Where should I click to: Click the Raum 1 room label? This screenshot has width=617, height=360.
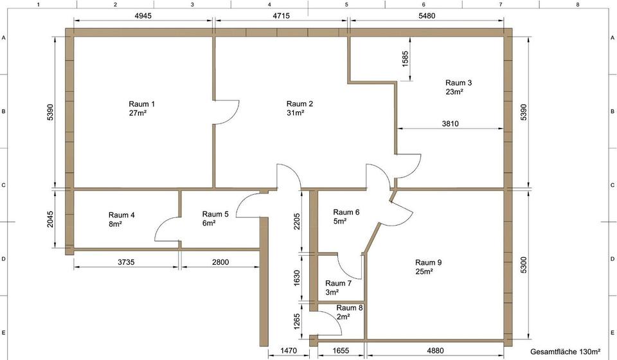click(x=141, y=104)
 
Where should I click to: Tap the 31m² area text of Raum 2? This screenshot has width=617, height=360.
click(x=296, y=113)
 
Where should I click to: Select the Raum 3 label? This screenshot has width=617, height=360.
click(x=458, y=83)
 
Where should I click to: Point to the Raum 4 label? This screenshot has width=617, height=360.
click(x=121, y=215)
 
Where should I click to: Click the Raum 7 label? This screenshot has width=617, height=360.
click(x=339, y=283)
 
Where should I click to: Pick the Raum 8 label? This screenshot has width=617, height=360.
click(x=350, y=308)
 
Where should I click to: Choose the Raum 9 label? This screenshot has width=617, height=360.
click(x=429, y=262)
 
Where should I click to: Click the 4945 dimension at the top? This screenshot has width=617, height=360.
click(x=143, y=15)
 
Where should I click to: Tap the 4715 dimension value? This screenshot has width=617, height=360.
click(x=281, y=15)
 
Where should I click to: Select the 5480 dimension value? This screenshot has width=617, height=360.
click(x=427, y=15)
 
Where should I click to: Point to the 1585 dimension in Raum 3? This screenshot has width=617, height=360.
click(x=406, y=59)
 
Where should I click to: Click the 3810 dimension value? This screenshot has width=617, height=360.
click(x=450, y=123)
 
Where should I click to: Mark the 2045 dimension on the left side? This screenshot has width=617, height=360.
click(x=50, y=219)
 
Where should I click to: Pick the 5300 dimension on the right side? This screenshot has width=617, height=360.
click(x=523, y=265)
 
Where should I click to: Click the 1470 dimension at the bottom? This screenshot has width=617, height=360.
click(x=289, y=350)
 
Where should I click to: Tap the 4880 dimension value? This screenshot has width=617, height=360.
click(x=435, y=350)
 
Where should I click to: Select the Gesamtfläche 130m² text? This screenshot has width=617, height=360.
click(x=566, y=352)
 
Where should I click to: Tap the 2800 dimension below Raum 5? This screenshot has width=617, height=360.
click(x=220, y=262)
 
